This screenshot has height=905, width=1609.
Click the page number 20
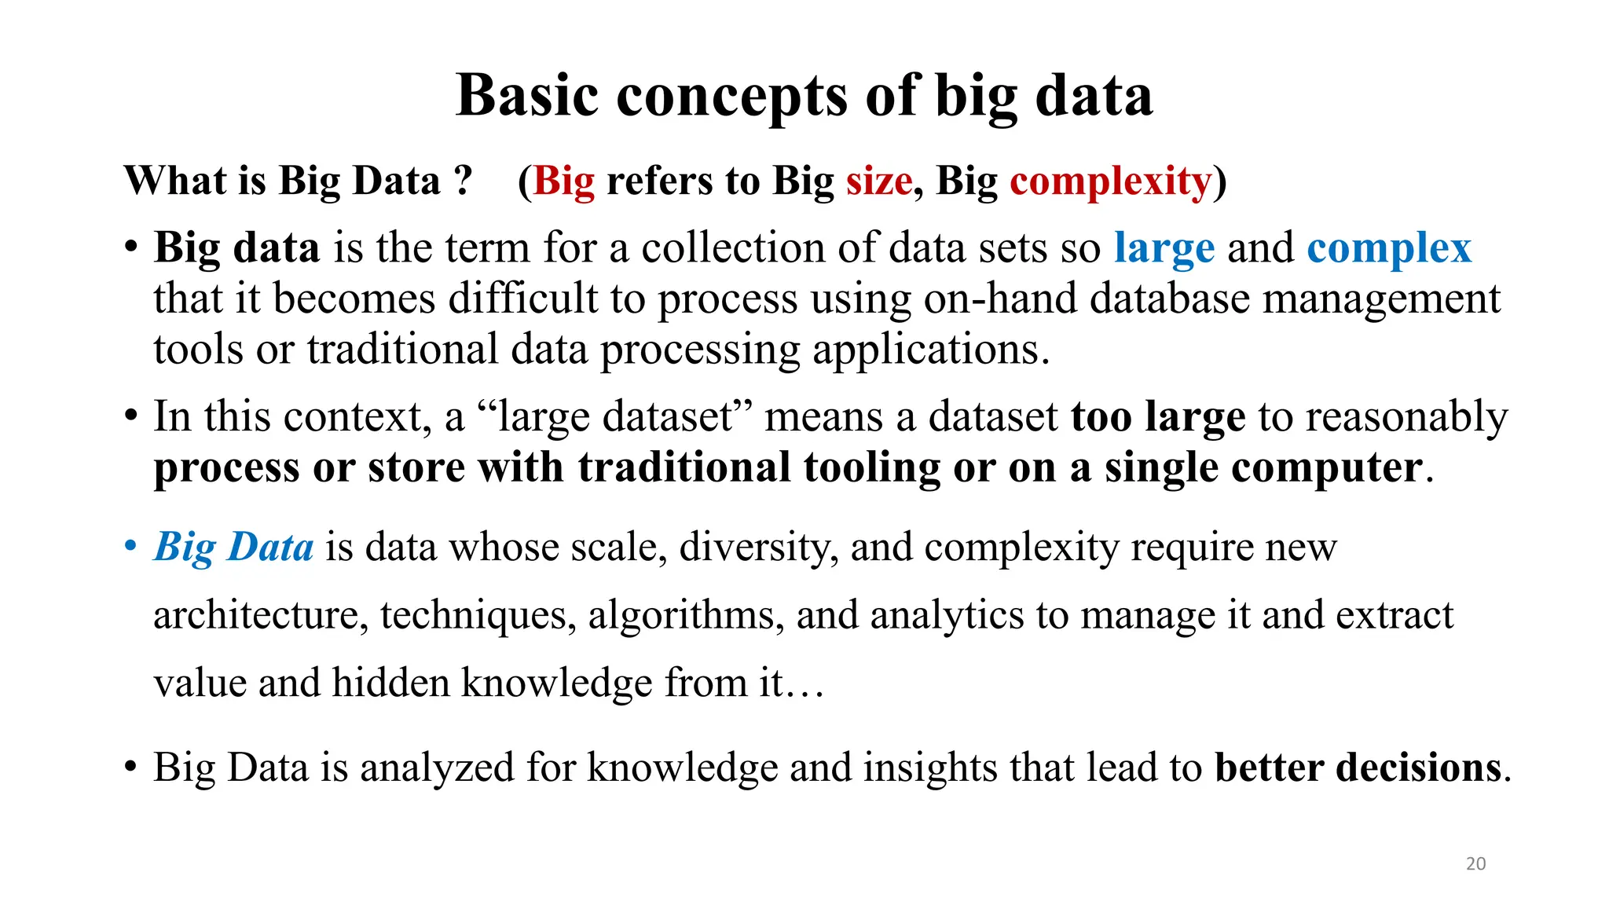pos(1475,863)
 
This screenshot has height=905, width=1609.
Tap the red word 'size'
pos(878,181)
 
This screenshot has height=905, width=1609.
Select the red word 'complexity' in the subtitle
pos(1110,181)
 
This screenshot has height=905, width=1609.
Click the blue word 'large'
pos(1164,248)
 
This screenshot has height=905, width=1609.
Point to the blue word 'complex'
pos(1388,248)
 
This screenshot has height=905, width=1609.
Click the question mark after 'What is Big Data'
pos(463,181)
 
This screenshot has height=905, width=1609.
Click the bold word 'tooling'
pos(871,467)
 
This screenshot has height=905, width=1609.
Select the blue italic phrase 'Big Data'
pos(233,547)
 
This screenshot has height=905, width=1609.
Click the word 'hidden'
pos(389,683)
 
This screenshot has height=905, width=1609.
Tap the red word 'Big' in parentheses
pos(563,181)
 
